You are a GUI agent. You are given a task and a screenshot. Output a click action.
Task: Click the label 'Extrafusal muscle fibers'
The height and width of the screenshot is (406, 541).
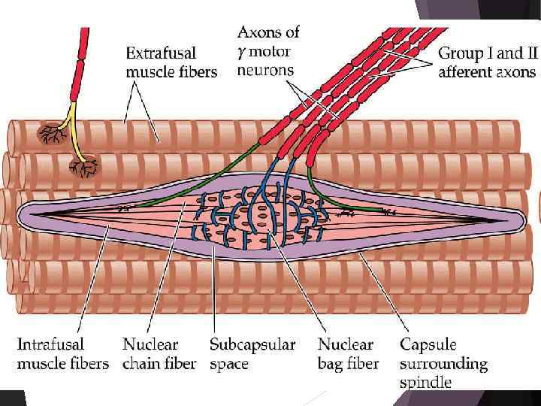click(171, 62)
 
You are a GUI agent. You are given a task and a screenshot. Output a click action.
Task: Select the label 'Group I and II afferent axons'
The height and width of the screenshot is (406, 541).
click(487, 62)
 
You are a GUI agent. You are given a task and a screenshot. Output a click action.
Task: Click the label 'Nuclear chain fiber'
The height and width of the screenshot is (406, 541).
click(159, 354)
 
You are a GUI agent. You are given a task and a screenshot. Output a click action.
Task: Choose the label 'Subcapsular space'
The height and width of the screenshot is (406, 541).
click(252, 354)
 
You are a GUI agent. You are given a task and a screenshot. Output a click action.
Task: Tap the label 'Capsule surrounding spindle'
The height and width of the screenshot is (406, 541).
click(443, 363)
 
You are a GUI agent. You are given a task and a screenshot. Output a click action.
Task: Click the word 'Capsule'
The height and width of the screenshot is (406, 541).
click(428, 345)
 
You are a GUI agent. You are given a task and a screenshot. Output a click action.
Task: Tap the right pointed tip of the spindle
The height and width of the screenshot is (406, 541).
click(518, 219)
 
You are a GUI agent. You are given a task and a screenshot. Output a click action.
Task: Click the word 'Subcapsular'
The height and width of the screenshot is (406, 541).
click(252, 345)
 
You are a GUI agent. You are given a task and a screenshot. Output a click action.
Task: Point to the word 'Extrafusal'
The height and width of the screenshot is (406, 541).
click(161, 53)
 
